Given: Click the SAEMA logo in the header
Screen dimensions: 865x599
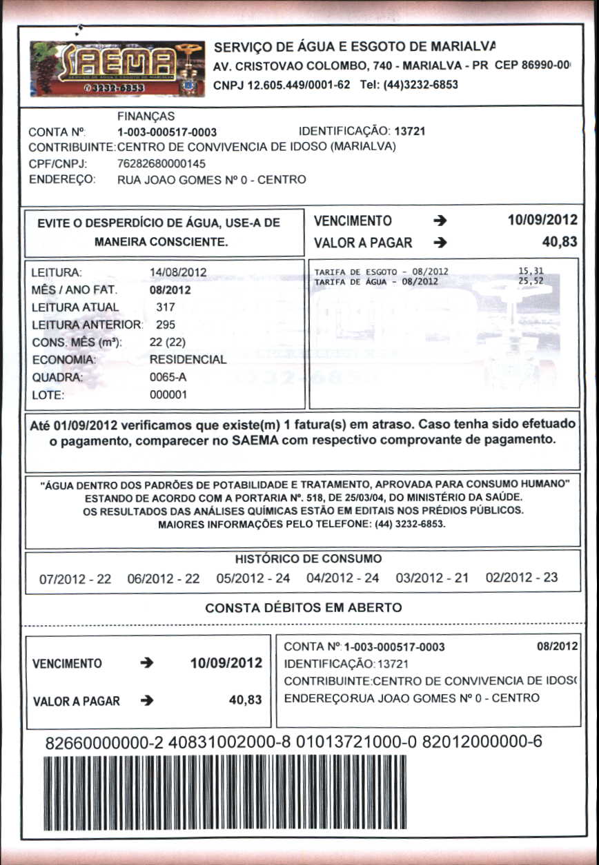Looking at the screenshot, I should (x=117, y=68).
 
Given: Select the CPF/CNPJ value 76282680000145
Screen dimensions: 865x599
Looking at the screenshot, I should (x=161, y=164).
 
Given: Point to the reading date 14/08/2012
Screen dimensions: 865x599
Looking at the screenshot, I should (x=178, y=272).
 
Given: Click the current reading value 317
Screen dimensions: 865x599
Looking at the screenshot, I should (x=166, y=307).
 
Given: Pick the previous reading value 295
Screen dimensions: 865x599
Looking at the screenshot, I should (x=166, y=324).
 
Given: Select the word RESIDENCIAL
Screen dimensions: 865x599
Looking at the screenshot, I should (x=188, y=360).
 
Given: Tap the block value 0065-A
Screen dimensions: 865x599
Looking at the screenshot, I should (x=168, y=378).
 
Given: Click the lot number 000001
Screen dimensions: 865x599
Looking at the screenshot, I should (x=168, y=396).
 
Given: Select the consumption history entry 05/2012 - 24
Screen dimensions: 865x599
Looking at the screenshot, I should (x=253, y=578).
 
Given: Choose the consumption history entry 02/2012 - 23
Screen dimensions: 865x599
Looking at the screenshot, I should (x=522, y=578).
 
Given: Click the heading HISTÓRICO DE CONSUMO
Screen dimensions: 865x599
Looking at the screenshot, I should (x=308, y=558).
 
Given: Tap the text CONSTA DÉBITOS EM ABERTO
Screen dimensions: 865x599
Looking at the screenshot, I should (x=303, y=608).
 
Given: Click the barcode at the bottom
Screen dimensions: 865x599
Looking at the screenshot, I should (x=224, y=792).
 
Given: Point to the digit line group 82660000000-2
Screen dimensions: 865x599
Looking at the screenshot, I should (x=104, y=743).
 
